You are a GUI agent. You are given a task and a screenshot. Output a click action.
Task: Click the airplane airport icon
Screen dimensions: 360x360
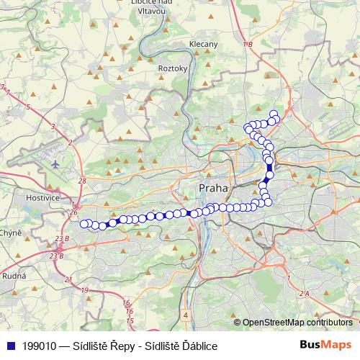coord(55,164)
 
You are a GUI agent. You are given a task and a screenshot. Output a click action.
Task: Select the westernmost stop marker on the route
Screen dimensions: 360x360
coord(84,223)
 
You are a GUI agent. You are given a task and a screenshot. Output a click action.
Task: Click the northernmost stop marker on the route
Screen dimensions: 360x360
coord(274,114)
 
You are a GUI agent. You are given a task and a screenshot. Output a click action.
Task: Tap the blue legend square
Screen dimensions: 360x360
coord(9,346)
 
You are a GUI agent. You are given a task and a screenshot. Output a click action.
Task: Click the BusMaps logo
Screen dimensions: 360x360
coord(326,345)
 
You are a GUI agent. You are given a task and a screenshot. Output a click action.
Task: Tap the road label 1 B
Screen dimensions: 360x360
coord(248,45)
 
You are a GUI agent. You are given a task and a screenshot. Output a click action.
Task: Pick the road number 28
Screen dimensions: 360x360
coord(82,181)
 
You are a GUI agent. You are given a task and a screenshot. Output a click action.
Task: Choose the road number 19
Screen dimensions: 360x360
coord(85,289)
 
